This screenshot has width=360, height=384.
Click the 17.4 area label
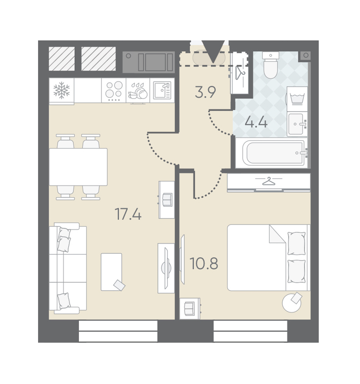128,214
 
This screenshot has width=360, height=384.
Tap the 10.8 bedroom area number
204,263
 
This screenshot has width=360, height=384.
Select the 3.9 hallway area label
205,93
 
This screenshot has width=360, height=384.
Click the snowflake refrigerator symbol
62,90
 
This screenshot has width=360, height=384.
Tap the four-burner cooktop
114,90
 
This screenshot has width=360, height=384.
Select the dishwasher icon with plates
138,91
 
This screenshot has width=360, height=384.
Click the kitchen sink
162,90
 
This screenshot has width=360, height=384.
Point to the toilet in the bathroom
270,65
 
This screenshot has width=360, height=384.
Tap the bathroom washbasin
297,124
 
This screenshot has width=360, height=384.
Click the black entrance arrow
213,52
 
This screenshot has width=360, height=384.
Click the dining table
78,167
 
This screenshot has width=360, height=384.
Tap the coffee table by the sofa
112,272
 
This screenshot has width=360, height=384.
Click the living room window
118,331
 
